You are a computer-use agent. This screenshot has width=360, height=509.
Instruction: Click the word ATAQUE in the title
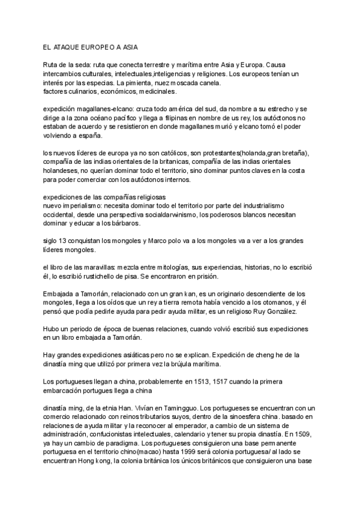66,46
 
